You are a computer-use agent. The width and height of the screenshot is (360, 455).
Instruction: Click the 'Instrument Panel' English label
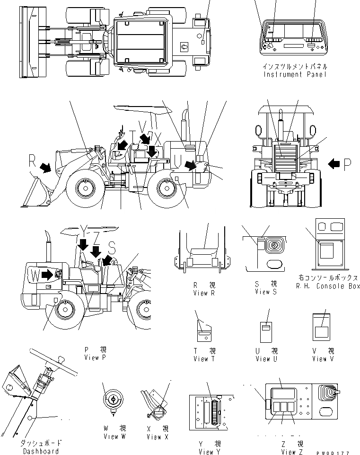295,74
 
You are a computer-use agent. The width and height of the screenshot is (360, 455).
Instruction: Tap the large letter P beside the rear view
348,164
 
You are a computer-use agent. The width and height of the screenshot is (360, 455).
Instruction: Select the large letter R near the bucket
33,161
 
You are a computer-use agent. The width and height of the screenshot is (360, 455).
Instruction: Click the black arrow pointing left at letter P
334,164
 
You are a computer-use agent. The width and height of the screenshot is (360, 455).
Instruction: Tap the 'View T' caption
204,359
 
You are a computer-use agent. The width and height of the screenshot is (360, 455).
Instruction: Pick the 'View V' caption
323,359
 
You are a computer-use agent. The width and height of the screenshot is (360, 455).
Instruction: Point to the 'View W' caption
114,437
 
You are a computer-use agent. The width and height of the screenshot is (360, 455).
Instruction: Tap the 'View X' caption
157,437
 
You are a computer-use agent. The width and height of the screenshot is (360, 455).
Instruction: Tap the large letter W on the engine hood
35,275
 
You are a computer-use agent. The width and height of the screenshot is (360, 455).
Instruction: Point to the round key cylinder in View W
114,400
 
